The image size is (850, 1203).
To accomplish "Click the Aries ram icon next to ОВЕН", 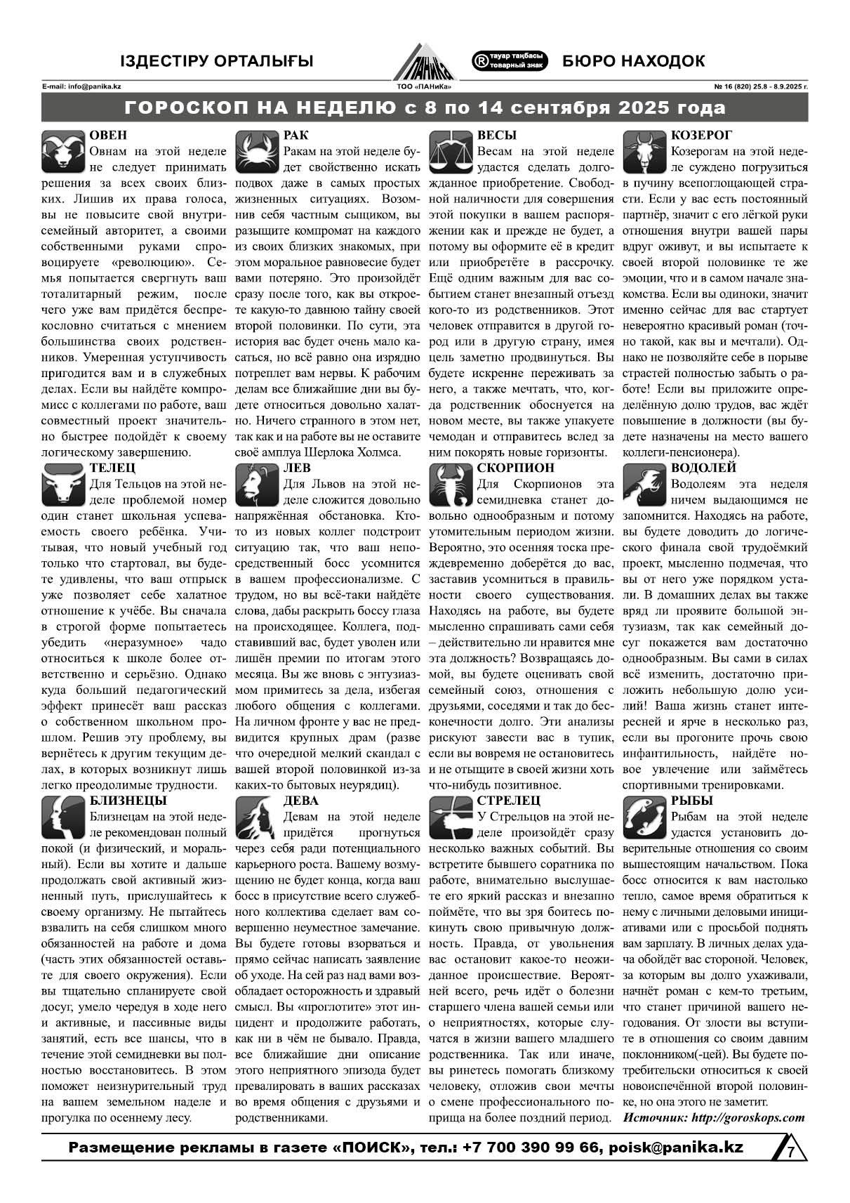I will [63, 152].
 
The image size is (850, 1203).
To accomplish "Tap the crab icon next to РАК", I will [257, 152].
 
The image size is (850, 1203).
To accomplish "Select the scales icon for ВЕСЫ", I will [450, 152].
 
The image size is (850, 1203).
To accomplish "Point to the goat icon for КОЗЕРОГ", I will [644, 152].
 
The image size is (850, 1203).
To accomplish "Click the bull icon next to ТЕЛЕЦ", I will [63, 485].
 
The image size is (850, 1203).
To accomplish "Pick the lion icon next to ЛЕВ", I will [257, 485].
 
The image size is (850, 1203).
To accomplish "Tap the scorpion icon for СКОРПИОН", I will [450, 485].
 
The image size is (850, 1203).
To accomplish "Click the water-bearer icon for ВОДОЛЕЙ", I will [644, 485].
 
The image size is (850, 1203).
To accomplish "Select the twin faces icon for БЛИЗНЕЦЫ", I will [63, 817].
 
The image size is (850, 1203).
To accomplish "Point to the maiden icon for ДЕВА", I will [257, 817].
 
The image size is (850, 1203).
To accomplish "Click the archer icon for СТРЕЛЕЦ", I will [450, 817].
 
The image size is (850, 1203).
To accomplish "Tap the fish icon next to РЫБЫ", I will [644, 817].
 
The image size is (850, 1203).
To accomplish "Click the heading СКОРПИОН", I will [515, 468].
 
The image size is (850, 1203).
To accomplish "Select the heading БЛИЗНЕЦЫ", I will [128, 801].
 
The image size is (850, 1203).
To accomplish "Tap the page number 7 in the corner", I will [790, 1152].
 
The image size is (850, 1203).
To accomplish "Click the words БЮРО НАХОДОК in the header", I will [633, 61].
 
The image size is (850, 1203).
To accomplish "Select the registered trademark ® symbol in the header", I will [482, 61].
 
